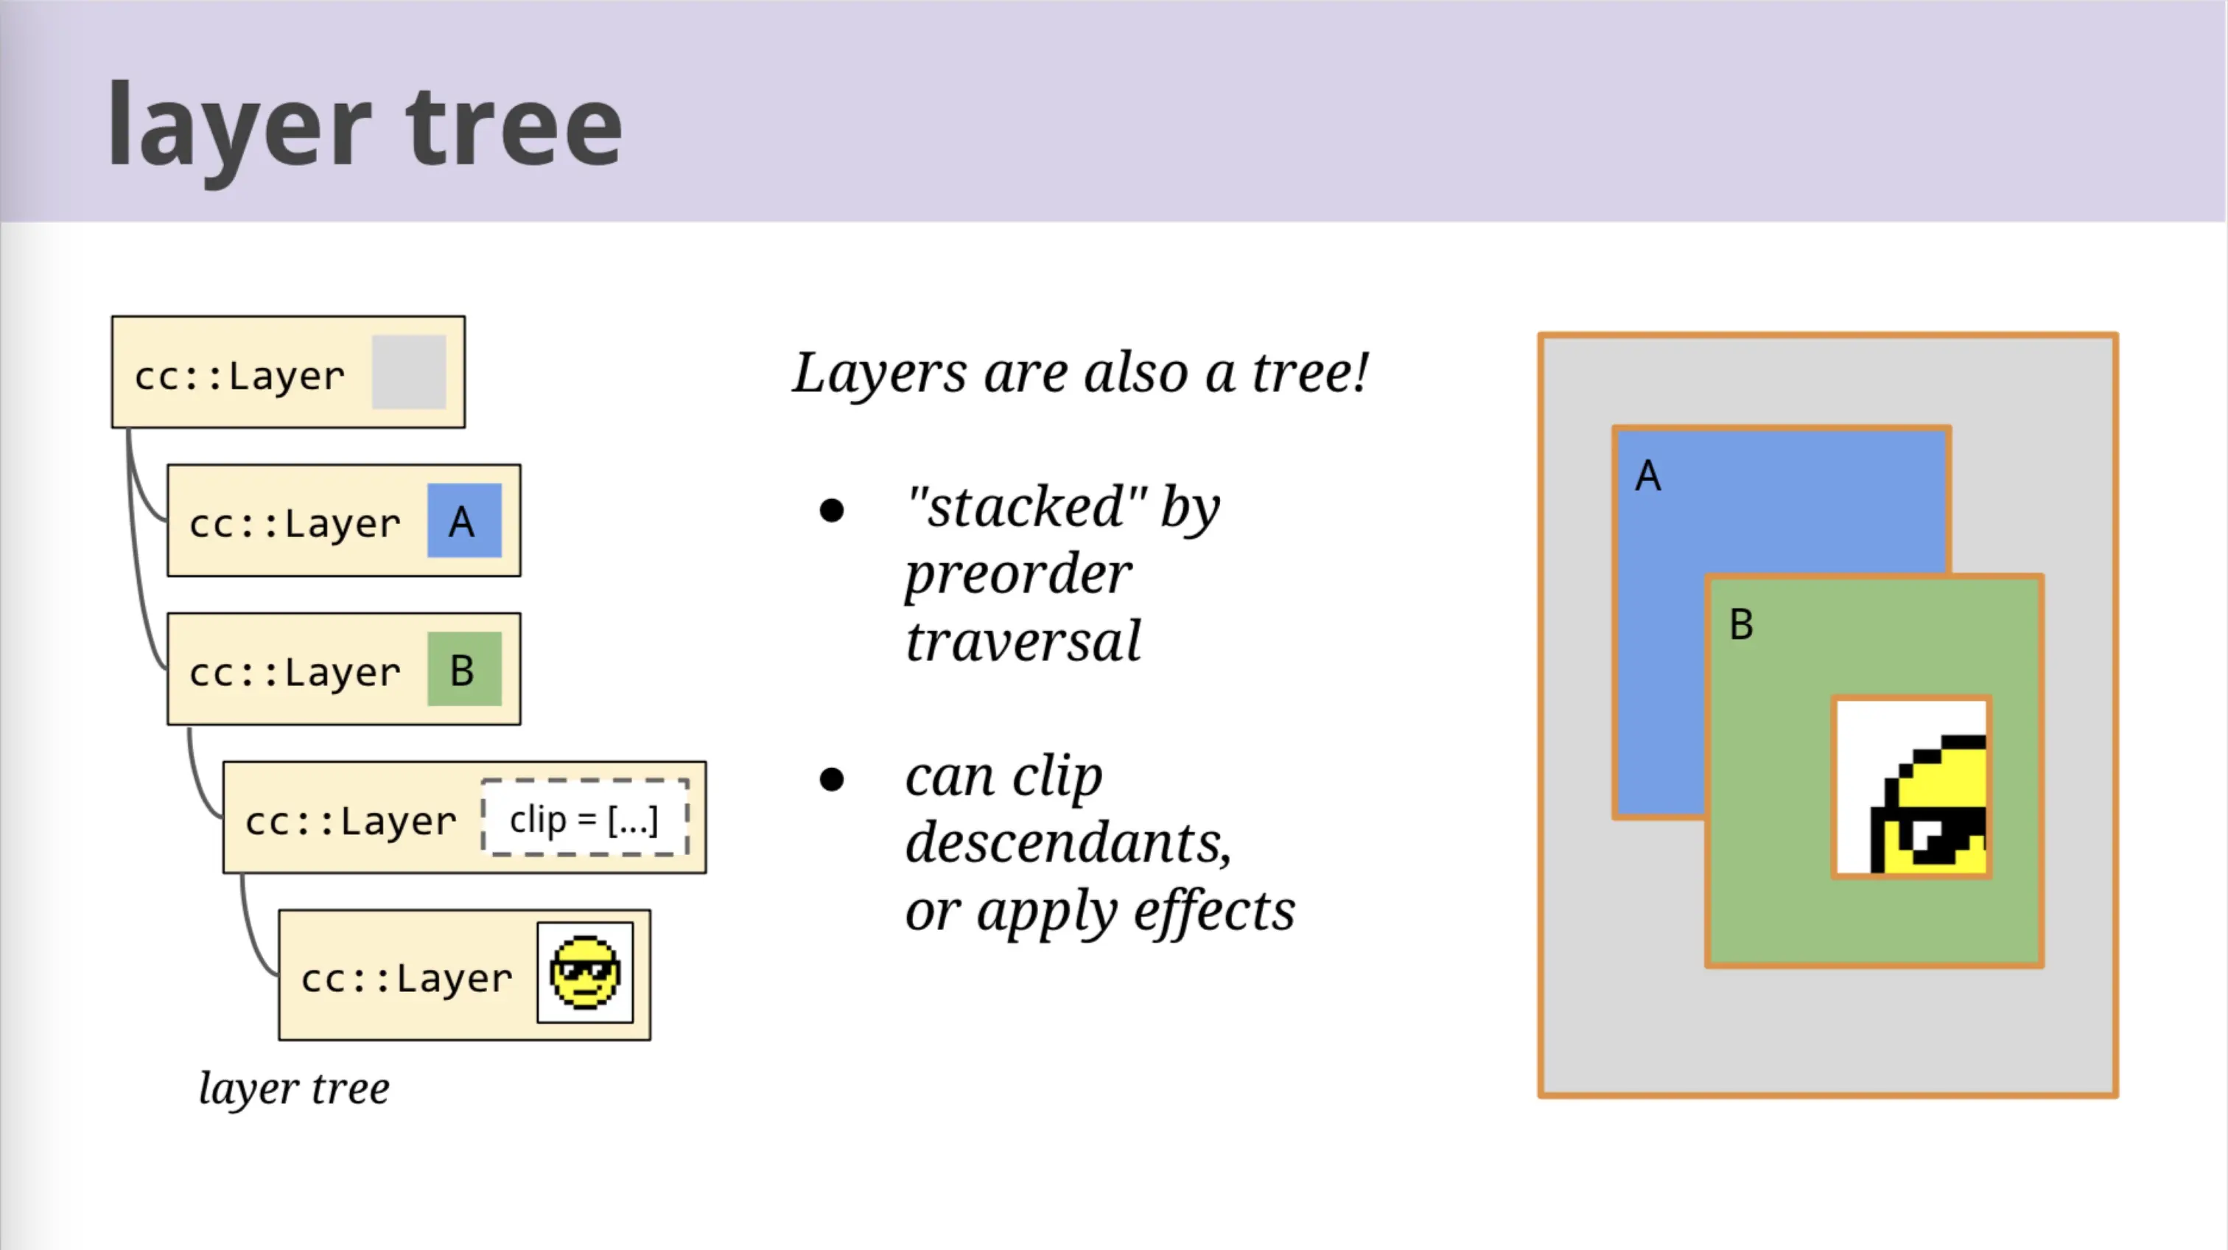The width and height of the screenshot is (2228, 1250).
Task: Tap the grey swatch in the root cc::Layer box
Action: coord(409,372)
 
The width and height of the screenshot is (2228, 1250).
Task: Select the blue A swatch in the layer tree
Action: coord(464,521)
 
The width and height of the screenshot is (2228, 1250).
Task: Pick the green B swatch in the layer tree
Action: coord(464,668)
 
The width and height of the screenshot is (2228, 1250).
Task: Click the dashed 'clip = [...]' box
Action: coord(586,818)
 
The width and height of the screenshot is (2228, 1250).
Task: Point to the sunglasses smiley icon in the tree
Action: coord(586,972)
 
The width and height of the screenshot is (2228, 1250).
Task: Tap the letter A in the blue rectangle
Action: coord(1647,476)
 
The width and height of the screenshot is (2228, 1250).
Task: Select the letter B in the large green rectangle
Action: coord(1741,624)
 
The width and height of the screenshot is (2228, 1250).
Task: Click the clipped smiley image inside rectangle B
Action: coord(1911,787)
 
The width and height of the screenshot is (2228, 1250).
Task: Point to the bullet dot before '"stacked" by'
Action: coord(831,510)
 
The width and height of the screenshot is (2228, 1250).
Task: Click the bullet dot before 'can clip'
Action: coord(831,780)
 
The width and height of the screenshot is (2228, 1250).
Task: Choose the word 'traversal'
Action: coord(1023,641)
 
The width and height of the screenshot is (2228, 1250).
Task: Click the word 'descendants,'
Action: coord(1068,842)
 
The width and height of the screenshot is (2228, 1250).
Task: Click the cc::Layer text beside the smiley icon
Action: coord(407,978)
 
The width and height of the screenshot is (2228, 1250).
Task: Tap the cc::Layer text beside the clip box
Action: coord(350,821)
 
